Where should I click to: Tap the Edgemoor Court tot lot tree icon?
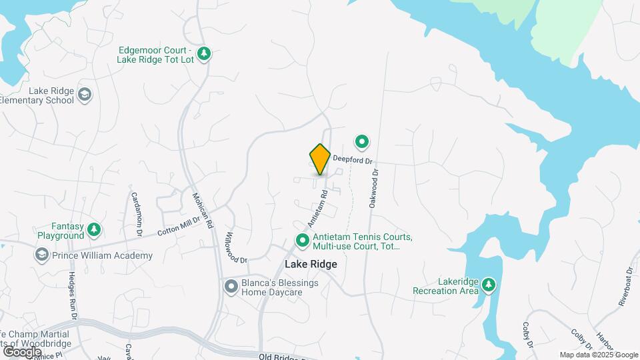(x=205, y=53)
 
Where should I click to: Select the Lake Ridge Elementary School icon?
(x=85, y=95)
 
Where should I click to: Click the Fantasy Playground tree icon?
(x=95, y=230)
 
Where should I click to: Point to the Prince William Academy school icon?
(x=41, y=255)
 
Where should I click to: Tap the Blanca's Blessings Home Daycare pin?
(x=231, y=287)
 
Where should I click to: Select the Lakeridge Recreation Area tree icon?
(x=489, y=285)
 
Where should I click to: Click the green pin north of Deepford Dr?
(x=362, y=141)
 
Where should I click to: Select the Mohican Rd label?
(x=202, y=211)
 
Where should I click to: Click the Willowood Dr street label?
(x=236, y=247)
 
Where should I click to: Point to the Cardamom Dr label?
(x=136, y=214)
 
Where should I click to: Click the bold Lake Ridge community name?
(x=311, y=264)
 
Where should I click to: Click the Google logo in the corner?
(x=22, y=351)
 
